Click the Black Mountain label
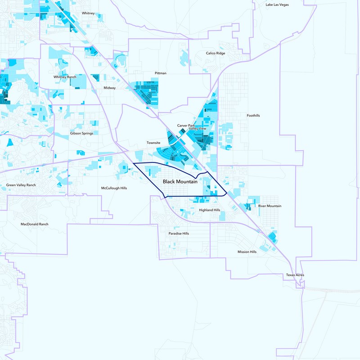[180, 181]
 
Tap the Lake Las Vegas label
[277, 4]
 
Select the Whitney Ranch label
[65, 77]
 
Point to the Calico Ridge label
[216, 53]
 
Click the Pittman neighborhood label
[160, 73]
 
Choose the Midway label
[110, 88]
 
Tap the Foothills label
[253, 116]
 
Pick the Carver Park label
[186, 126]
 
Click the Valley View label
[198, 129]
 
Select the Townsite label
[153, 143]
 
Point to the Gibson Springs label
[81, 133]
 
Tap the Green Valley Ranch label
[21, 185]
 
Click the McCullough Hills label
[114, 188]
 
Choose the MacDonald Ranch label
[34, 224]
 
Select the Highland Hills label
[209, 210]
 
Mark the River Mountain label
[270, 206]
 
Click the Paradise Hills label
[179, 234]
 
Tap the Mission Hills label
[247, 252]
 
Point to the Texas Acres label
[295, 275]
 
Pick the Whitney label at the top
[88, 13]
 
